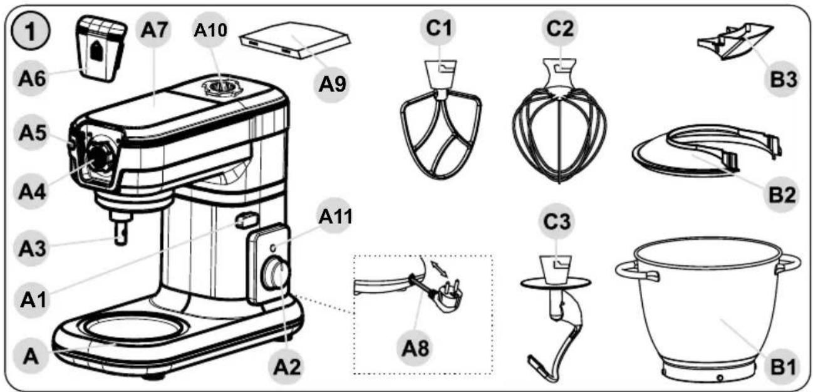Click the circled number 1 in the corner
[31, 32]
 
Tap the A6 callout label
[33, 78]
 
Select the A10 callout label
[210, 31]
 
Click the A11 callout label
[335, 217]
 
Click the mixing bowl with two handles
[708, 309]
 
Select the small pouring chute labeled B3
[735, 42]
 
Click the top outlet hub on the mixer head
[221, 88]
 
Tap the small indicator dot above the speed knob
[273, 248]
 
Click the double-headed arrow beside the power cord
[440, 269]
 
